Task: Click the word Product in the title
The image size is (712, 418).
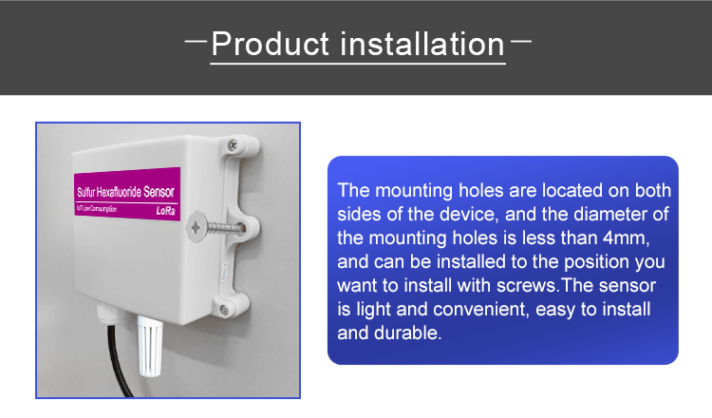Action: [x=271, y=44]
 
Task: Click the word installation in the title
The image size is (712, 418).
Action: [x=422, y=44]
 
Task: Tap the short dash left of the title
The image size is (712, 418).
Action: [x=197, y=41]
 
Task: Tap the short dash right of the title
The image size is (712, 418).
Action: [x=521, y=41]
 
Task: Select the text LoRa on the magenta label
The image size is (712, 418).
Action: [x=166, y=211]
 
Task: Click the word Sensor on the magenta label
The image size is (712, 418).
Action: [x=159, y=192]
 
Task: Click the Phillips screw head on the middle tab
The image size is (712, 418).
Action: [x=196, y=226]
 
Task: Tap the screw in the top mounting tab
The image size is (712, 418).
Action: [x=233, y=145]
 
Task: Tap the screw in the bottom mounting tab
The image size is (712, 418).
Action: [x=224, y=311]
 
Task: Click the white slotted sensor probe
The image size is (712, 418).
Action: [x=150, y=346]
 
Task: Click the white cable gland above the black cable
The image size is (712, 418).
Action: [x=108, y=313]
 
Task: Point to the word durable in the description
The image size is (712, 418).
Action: [x=407, y=332]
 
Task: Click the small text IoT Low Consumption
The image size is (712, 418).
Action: [x=97, y=209]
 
